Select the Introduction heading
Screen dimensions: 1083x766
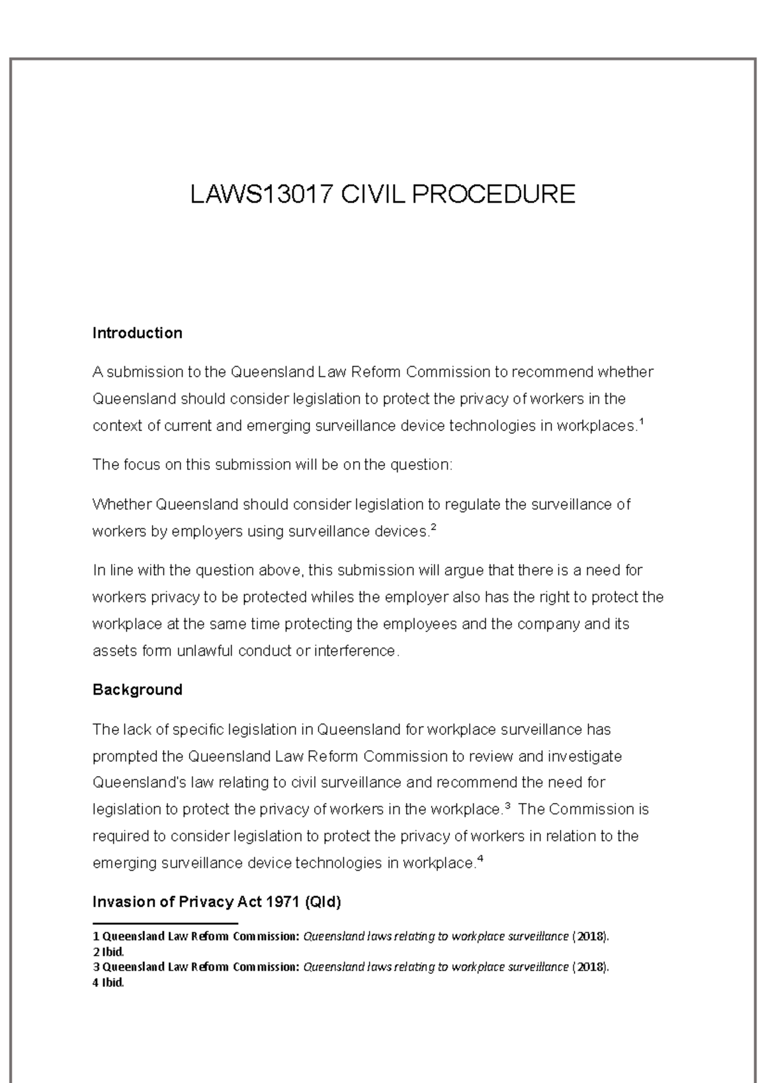pos(137,333)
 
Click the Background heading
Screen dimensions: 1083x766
pos(137,689)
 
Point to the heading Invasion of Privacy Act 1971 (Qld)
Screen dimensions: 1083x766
pos(217,902)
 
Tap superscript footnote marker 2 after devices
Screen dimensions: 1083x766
pos(434,527)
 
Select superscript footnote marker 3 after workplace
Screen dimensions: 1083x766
pos(507,805)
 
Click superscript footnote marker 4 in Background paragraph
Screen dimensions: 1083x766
pos(480,858)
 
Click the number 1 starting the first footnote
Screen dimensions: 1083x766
pos(96,936)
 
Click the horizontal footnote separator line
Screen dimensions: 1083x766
pos(165,923)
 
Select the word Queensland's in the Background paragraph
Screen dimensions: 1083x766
pos(134,783)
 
